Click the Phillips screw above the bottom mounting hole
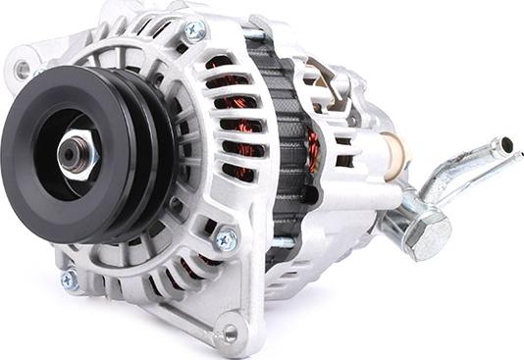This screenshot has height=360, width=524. click(227, 238)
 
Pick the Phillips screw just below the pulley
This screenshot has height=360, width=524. click(69, 281)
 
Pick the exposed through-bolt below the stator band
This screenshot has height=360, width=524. click(282, 241)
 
